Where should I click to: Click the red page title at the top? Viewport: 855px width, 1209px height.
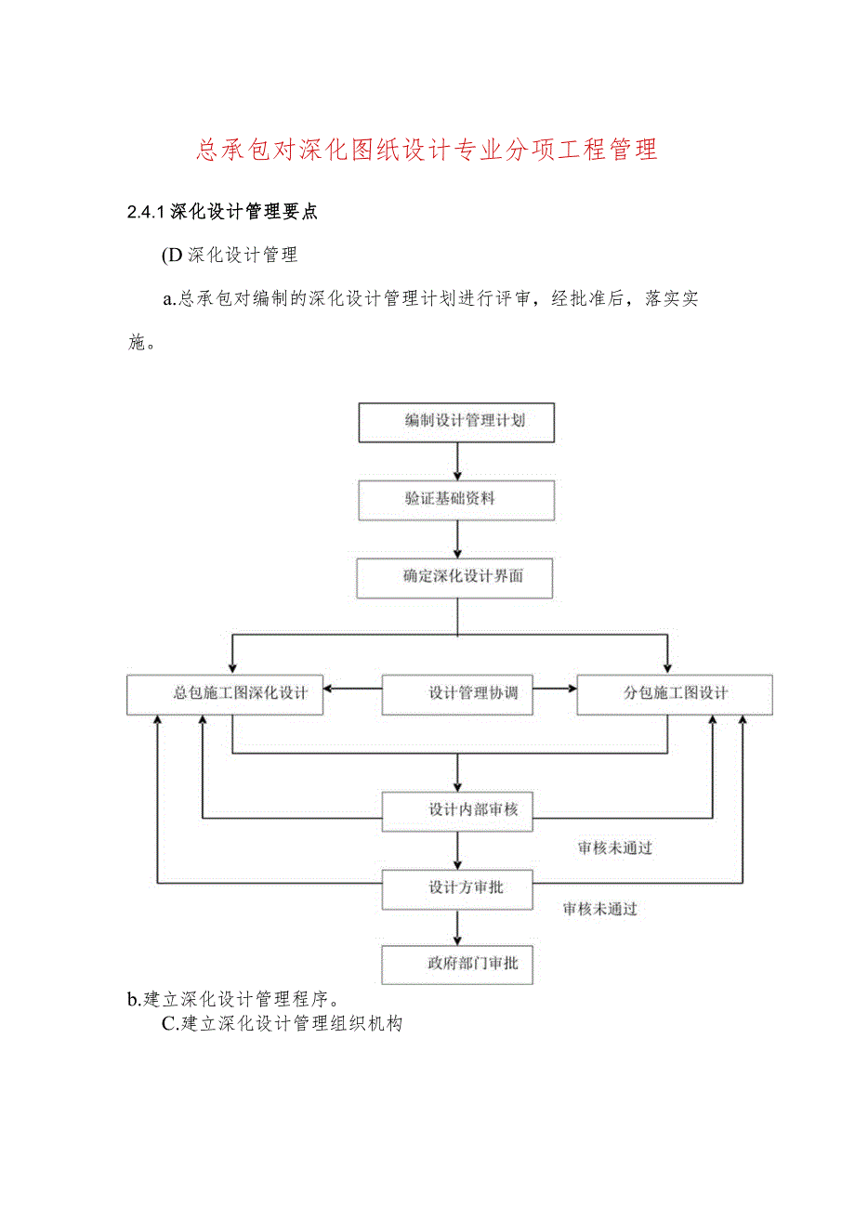point(427,150)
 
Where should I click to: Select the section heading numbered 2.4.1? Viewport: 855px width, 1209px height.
point(222,212)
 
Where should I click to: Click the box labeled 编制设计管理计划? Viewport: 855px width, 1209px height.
point(456,421)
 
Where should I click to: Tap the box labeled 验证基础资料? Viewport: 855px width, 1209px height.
point(456,499)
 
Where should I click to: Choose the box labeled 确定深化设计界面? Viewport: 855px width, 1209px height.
point(456,577)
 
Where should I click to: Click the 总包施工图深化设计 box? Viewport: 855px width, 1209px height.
point(225,694)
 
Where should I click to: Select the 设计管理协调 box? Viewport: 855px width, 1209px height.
point(457,694)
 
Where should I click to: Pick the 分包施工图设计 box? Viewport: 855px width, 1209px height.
point(674,694)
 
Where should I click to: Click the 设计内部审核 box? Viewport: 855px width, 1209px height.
point(457,809)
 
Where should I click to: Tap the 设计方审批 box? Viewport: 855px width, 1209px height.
point(457,887)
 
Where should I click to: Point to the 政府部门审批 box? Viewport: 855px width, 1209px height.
point(457,965)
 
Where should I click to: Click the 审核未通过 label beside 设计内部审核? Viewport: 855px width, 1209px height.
point(614,848)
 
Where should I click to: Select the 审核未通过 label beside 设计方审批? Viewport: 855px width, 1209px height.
point(599,909)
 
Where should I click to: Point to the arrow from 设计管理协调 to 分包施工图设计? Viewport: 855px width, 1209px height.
point(555,689)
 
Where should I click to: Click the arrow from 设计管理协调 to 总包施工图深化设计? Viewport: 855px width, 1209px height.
point(352,689)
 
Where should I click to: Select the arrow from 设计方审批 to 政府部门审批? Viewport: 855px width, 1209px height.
point(457,926)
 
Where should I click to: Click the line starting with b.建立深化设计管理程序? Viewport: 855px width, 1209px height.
point(237,1000)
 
